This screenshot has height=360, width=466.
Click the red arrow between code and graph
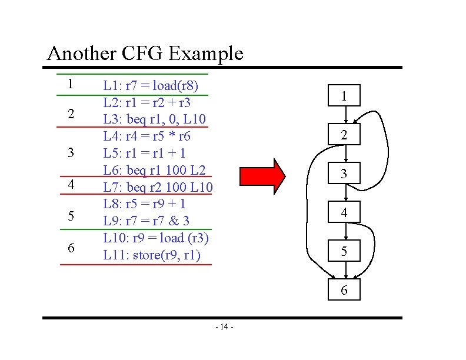(262, 175)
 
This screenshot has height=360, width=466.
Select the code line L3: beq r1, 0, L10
(155, 119)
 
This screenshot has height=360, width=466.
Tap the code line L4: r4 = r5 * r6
(147, 136)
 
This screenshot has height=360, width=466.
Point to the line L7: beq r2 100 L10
(158, 188)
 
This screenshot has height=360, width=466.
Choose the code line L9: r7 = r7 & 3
(147, 221)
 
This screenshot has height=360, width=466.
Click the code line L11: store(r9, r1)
(152, 255)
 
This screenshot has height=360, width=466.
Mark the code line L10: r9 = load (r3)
(156, 238)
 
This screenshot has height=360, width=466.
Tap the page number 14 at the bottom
(224, 327)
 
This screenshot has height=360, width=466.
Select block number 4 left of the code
(71, 184)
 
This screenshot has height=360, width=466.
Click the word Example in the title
(205, 54)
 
